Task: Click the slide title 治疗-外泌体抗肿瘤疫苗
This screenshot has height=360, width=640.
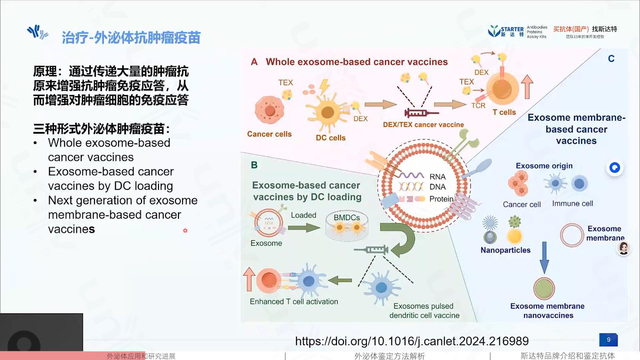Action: (131, 38)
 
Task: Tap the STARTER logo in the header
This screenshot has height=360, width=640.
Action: (506, 31)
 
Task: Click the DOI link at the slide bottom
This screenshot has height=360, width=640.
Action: (412, 341)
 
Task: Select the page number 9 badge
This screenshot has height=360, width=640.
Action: (608, 340)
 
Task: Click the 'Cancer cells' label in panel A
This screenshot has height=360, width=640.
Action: (269, 134)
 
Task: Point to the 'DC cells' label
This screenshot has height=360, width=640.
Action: (331, 138)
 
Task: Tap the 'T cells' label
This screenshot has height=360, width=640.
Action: (504, 112)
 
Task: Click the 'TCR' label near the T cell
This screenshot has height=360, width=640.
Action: (478, 105)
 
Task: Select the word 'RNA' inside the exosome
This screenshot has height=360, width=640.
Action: (437, 177)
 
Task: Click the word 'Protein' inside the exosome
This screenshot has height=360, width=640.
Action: (441, 199)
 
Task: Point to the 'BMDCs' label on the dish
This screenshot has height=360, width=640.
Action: (347, 217)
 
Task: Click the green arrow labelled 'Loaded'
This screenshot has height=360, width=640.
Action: (304, 228)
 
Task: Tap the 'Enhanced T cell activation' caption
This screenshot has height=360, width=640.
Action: (294, 301)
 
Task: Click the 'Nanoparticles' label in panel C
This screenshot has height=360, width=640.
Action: (505, 250)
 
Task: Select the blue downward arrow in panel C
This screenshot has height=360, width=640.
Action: (544, 258)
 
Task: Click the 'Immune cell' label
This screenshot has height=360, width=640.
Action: (572, 203)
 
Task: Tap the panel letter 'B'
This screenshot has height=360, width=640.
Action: (254, 165)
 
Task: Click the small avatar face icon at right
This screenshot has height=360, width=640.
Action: (624, 248)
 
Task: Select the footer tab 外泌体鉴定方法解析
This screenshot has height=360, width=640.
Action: (389, 356)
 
